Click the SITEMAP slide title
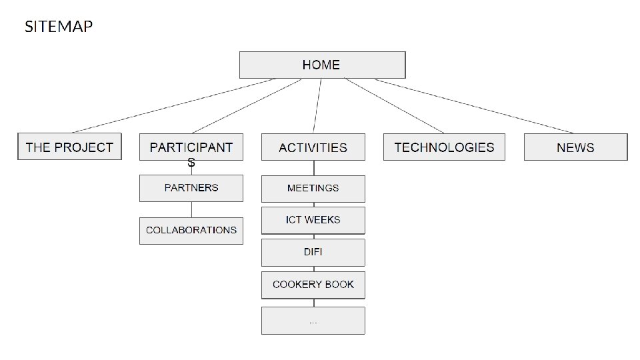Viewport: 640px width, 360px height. (x=59, y=27)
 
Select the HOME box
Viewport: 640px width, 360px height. (x=322, y=65)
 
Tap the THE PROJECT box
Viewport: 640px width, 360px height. (x=69, y=147)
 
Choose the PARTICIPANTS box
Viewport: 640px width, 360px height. (x=191, y=147)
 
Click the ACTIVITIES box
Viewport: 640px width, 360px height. (x=313, y=147)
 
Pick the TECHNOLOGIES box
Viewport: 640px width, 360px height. (x=444, y=147)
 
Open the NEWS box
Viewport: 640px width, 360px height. (x=575, y=147)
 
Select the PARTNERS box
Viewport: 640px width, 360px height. (x=191, y=188)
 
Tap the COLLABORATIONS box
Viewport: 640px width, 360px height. (x=191, y=230)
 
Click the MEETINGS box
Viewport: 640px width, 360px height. (x=313, y=189)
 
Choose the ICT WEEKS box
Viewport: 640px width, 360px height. (x=313, y=220)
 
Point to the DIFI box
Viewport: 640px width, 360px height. (x=313, y=253)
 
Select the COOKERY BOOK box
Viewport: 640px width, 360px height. (x=313, y=285)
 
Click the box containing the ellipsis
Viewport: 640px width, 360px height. (x=313, y=321)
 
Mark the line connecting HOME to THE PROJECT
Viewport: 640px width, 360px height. (x=173, y=105)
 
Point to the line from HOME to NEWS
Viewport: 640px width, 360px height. (x=473, y=105)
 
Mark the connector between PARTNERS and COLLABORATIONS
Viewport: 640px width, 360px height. (x=191, y=209)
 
